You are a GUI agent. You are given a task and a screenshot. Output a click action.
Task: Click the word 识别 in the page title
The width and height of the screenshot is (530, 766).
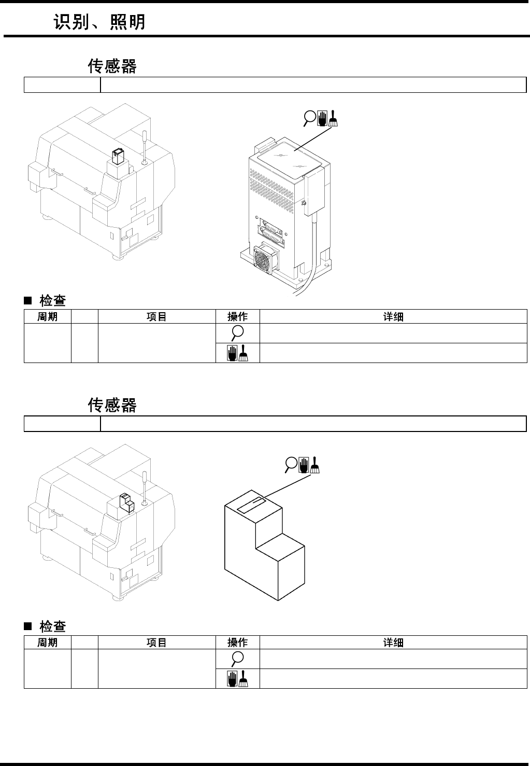pos(71,22)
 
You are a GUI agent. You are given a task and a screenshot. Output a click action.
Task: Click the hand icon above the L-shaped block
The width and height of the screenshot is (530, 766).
pos(304,465)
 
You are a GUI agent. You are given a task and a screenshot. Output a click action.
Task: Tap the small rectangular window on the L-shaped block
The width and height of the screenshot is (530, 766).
pos(251,504)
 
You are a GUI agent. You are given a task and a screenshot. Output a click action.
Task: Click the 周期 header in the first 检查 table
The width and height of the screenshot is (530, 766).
pos(47,317)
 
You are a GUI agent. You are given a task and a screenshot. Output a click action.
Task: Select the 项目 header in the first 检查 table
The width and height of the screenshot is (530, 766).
pos(156,317)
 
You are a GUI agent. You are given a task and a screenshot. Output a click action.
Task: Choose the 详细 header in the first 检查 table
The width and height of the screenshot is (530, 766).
pos(393,317)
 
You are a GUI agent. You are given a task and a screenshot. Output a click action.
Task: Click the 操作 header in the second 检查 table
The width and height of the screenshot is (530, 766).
pos(237,643)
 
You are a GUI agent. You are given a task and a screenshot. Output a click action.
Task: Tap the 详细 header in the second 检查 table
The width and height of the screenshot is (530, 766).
pos(393,643)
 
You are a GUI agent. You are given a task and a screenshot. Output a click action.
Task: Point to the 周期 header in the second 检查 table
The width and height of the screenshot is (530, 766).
pos(47,643)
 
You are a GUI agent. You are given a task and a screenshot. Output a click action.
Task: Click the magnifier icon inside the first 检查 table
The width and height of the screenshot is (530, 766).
pos(237,333)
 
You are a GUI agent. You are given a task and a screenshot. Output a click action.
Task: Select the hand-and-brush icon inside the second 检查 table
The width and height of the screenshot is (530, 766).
pos(237,678)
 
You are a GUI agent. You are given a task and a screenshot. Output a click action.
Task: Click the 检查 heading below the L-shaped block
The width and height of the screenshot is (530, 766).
pos(52,626)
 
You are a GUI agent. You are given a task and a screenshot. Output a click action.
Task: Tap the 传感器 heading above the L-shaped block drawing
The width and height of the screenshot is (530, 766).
pos(112,405)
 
